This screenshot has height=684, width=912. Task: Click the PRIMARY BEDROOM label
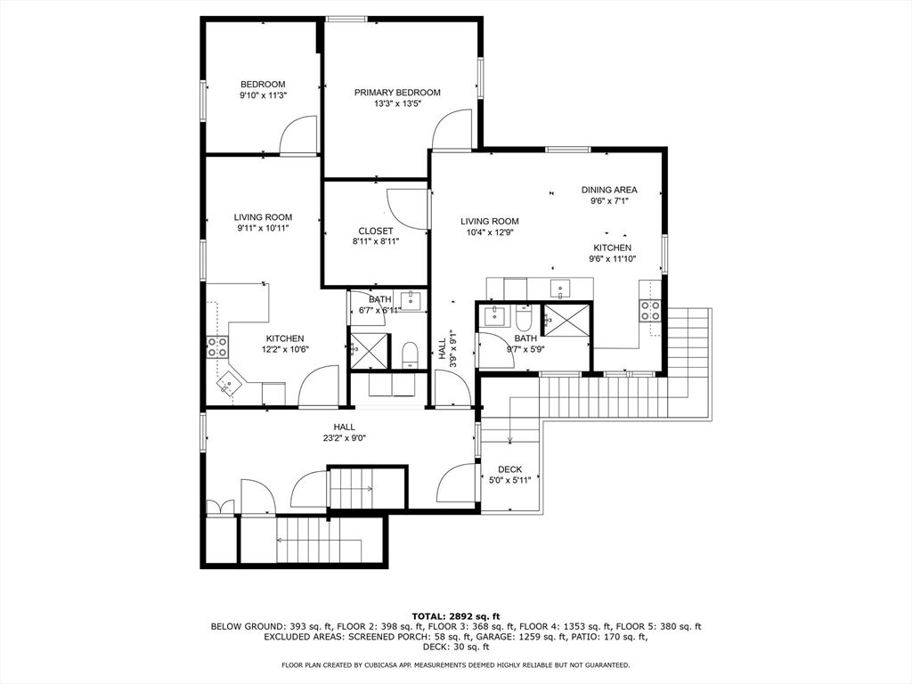[x=397, y=93]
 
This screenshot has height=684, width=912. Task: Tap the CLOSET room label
[x=375, y=232]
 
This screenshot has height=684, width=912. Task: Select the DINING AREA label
[x=609, y=190]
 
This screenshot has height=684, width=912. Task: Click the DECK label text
[x=510, y=469]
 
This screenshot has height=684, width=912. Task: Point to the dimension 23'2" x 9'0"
[x=345, y=437]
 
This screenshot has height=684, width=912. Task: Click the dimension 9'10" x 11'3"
[x=263, y=95]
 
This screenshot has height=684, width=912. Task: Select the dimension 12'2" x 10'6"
[x=285, y=350]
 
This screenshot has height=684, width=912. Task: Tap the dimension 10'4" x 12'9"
[x=489, y=232]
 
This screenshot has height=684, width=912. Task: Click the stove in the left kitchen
[x=217, y=347]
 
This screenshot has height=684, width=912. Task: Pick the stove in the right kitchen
[x=650, y=310]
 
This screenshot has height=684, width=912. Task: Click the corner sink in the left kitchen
[x=230, y=385]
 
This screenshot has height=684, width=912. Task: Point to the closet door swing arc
[x=406, y=207]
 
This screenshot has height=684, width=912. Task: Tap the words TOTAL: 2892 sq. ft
[x=456, y=616]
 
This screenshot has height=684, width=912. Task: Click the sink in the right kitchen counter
[x=560, y=287]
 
